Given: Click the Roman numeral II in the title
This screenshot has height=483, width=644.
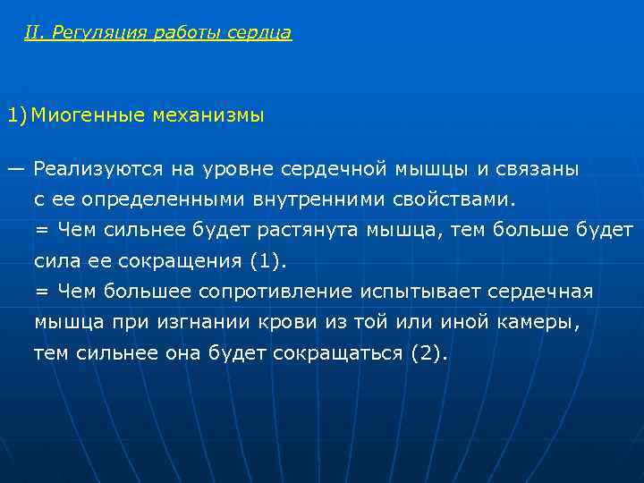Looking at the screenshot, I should pos(34,33).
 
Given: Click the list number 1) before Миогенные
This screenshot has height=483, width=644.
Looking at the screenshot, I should pos(17,115).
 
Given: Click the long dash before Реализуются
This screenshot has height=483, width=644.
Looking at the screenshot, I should pos(16,168).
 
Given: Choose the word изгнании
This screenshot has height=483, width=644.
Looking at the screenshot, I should pos(183,322).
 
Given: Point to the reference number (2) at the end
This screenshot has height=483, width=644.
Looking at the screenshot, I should pos(427,353).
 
